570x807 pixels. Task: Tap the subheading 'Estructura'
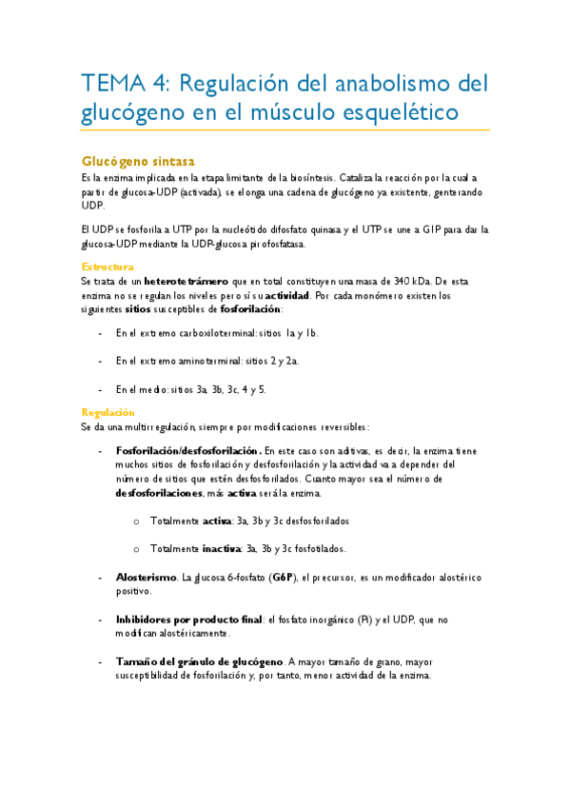click(x=108, y=267)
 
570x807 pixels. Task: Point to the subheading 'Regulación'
click(x=108, y=413)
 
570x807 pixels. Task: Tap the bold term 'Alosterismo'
click(x=146, y=578)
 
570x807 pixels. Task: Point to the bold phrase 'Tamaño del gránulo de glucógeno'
click(x=199, y=661)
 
